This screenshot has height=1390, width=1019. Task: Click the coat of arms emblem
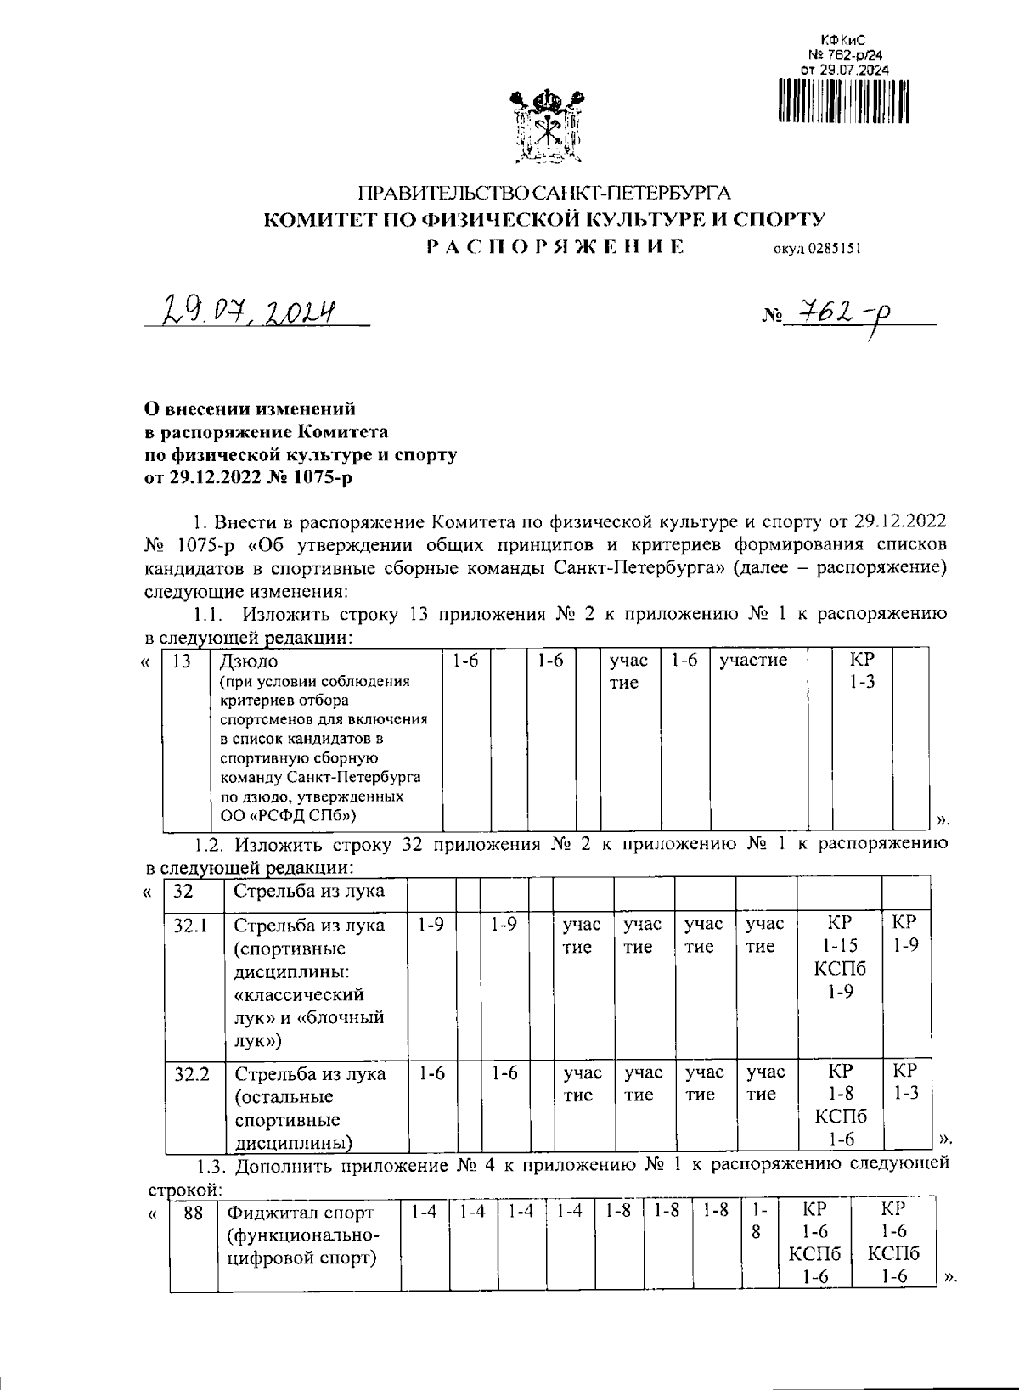coord(545,128)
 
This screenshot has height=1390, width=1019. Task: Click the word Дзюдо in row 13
coord(249,661)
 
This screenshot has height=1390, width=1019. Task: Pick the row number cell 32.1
coord(191,925)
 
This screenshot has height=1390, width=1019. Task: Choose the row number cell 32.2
coord(191,1073)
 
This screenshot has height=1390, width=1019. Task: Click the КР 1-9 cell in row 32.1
coord(906,934)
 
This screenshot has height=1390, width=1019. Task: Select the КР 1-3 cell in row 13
coord(864,671)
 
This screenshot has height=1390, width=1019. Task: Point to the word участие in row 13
coord(753,661)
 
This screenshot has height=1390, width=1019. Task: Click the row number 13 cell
coord(181,661)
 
